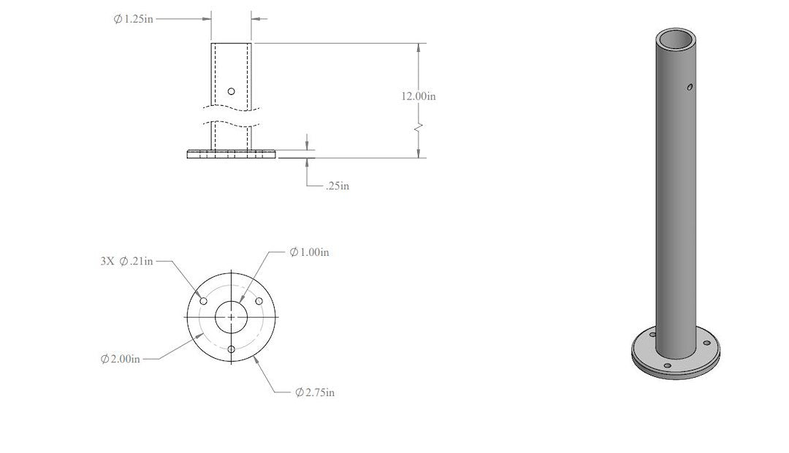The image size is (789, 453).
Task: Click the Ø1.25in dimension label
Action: tap(134, 19)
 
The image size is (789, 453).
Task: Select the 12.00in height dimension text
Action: tap(418, 96)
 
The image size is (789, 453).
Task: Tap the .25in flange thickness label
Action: tap(337, 186)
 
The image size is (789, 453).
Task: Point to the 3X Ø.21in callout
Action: tap(127, 261)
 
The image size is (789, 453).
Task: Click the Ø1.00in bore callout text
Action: tap(310, 251)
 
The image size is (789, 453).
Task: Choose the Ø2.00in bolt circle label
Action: tap(121, 359)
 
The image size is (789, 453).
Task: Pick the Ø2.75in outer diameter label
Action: tap(315, 392)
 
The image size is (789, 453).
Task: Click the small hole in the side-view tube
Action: tap(231, 91)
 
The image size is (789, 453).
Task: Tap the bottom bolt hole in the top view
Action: tap(232, 349)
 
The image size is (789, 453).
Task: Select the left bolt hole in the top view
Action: tap(204, 301)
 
